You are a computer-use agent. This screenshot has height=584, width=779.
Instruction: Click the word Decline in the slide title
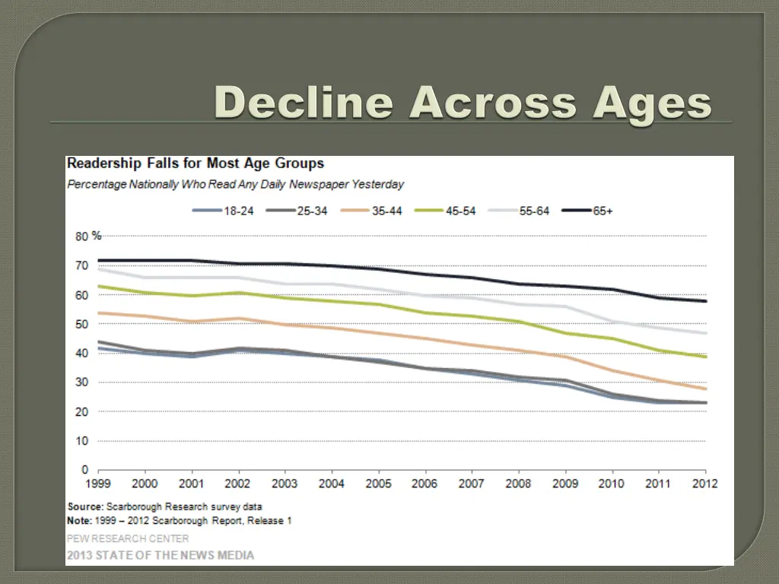[304, 103]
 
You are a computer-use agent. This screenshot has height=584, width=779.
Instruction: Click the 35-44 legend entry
[386, 211]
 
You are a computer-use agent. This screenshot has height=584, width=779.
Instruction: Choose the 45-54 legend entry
[459, 211]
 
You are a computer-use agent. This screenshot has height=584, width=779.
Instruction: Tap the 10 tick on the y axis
[81, 441]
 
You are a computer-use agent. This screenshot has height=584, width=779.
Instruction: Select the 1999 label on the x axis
[98, 484]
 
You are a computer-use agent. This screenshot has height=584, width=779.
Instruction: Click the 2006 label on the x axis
[424, 484]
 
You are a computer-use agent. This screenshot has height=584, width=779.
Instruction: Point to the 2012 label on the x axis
[705, 484]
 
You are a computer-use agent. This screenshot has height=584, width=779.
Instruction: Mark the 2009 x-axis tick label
[564, 484]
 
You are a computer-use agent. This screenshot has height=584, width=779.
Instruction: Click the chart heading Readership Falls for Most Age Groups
[196, 163]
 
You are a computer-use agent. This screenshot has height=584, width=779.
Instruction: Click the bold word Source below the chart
[85, 506]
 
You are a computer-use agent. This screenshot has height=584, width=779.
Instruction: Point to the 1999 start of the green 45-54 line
[99, 287]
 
